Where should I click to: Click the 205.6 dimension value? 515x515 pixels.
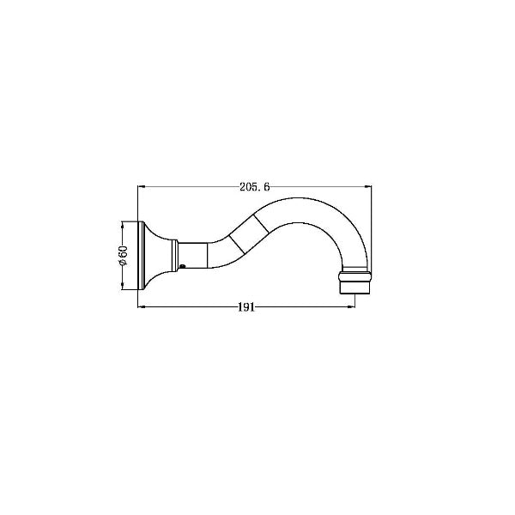click(x=255, y=187)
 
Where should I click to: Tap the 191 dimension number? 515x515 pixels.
click(x=246, y=307)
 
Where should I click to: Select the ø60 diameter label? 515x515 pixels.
click(x=122, y=255)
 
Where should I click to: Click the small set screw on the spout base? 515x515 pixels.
click(x=183, y=266)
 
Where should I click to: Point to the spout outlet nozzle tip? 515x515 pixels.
click(x=354, y=288)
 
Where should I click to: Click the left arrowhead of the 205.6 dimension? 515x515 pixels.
click(x=142, y=187)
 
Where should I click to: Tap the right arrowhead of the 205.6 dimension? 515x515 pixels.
click(x=367, y=187)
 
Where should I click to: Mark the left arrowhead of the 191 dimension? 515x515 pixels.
click(x=142, y=307)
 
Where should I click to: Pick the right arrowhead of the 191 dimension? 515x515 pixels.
click(x=351, y=307)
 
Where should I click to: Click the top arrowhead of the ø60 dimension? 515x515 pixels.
click(x=122, y=225)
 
